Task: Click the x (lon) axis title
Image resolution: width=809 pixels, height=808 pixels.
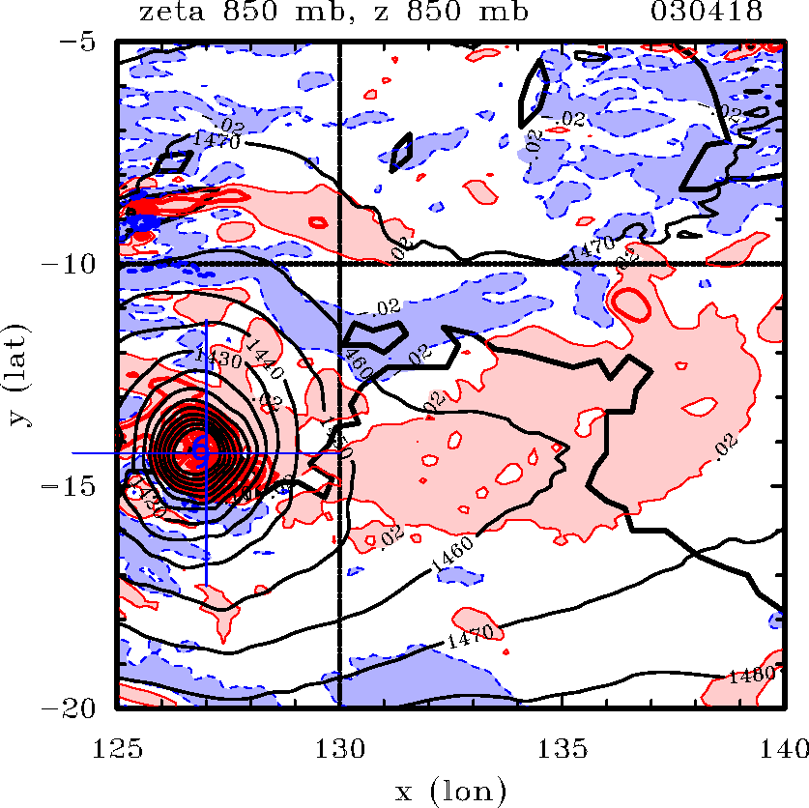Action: pyautogui.click(x=450, y=791)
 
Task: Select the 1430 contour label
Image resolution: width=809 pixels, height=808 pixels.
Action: pyautogui.click(x=217, y=357)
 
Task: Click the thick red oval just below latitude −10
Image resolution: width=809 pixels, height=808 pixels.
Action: pyautogui.click(x=632, y=304)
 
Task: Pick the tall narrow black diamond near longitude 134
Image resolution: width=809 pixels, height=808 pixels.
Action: pyautogui.click(x=534, y=93)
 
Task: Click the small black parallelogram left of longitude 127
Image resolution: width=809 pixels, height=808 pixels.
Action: pyautogui.click(x=175, y=161)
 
